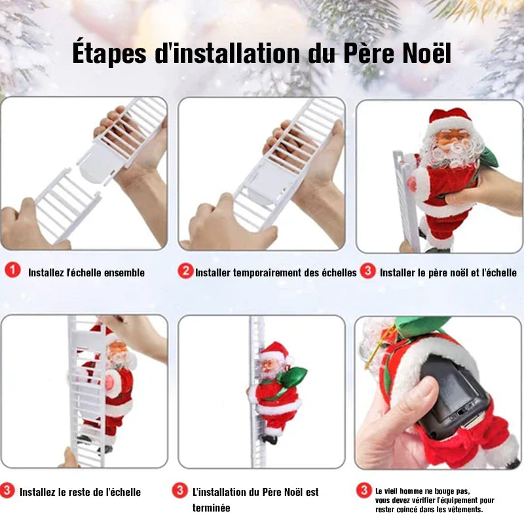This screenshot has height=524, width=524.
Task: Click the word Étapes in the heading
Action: tap(109, 52)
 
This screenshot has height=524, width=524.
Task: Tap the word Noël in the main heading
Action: tap(427, 52)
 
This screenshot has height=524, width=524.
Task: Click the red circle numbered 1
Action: tap(12, 270)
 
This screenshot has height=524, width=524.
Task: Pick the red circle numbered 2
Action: tap(185, 271)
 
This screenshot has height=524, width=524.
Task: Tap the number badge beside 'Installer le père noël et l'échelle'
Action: tap(367, 271)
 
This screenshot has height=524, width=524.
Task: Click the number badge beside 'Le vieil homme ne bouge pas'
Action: tap(364, 490)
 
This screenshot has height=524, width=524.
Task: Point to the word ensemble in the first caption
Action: tap(124, 272)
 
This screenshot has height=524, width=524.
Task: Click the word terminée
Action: tap(211, 508)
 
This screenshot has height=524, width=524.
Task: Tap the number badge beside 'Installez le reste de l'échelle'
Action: tap(7, 491)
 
